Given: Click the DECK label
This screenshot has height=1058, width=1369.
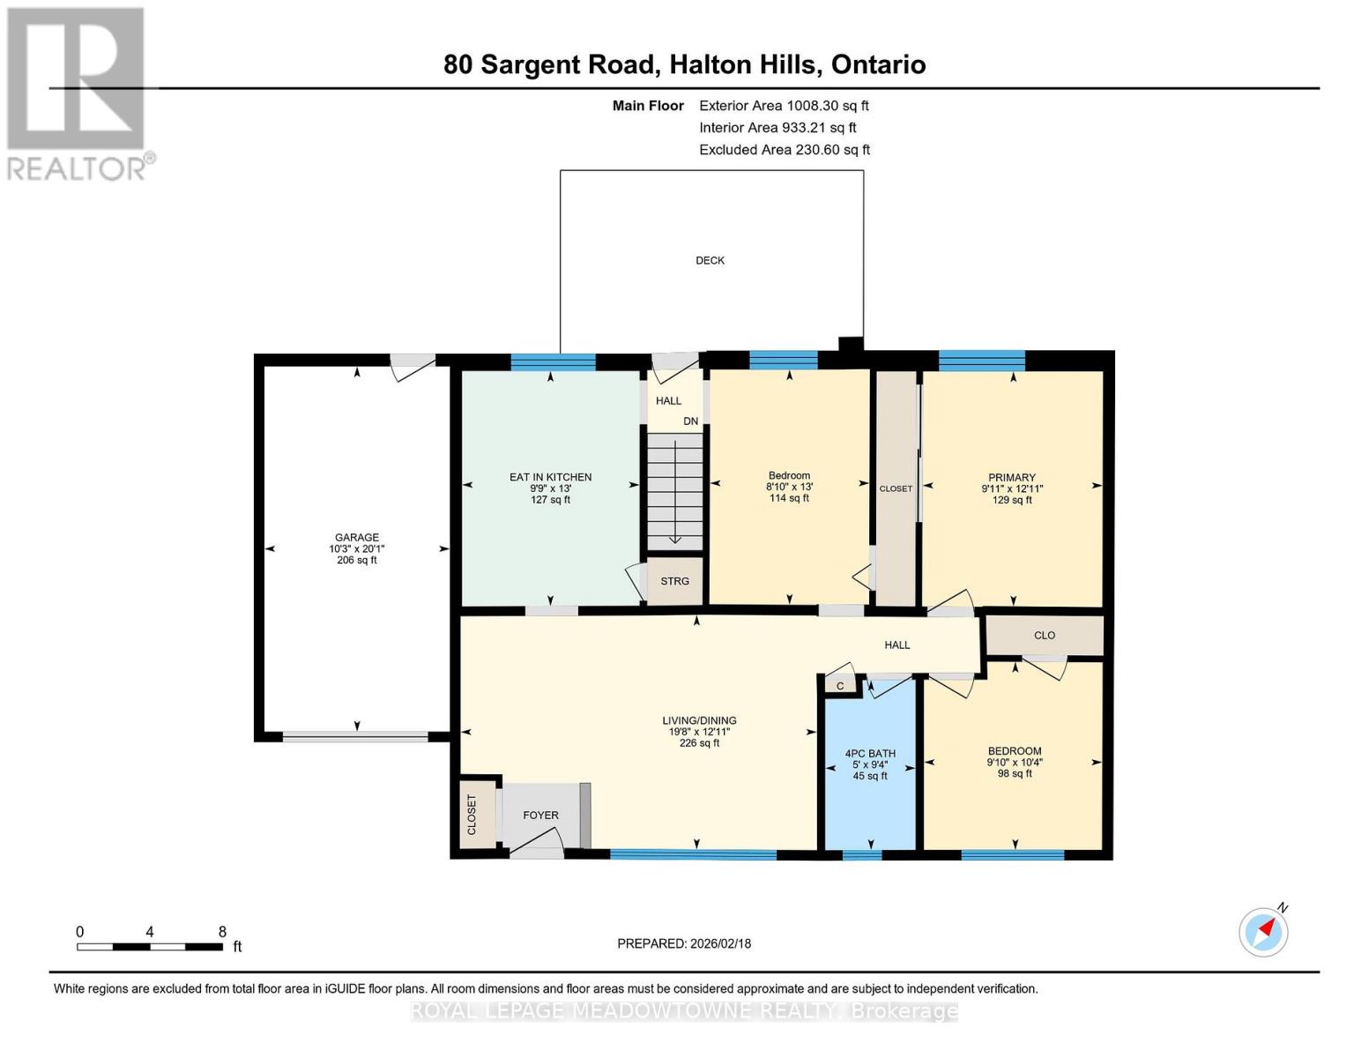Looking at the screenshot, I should click(710, 260).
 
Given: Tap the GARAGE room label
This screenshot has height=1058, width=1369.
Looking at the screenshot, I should click(356, 537).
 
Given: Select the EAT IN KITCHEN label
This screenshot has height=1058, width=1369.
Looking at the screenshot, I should click(550, 477).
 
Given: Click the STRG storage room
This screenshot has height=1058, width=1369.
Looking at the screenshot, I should click(675, 581).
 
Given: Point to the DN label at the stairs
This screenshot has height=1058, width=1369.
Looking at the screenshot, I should click(690, 421).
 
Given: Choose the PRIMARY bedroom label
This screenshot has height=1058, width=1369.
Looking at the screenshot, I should click(1011, 477).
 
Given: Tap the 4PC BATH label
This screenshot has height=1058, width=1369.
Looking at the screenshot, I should click(870, 754).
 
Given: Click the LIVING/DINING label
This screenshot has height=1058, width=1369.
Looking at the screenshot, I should click(699, 720).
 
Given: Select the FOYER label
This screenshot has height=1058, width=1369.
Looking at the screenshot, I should click(540, 816).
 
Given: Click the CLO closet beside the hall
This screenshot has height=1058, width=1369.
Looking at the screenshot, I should click(1045, 636).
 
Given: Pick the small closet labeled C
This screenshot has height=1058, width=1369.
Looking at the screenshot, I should click(840, 686).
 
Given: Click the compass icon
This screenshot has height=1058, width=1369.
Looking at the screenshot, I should click(1263, 932).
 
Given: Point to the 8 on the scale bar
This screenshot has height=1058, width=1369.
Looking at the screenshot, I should click(222, 932).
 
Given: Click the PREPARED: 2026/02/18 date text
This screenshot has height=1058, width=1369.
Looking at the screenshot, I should click(684, 943).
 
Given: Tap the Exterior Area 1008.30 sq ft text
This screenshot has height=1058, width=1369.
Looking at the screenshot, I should click(784, 106).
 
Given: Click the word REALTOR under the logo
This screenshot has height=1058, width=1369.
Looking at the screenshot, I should click(77, 168).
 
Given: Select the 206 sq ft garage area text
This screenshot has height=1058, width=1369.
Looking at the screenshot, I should click(356, 560).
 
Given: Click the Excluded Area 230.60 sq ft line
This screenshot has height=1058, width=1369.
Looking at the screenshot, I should click(785, 150).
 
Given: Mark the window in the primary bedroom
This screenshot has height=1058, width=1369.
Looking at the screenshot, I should click(982, 361).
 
